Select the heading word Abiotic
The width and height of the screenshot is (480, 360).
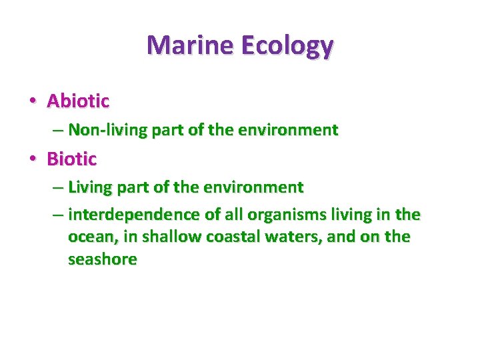pyautogui.click(x=78, y=101)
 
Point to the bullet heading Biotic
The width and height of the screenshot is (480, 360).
pyautogui.click(x=72, y=159)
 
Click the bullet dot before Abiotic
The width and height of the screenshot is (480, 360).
pyautogui.click(x=32, y=102)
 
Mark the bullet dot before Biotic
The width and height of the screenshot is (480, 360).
pyautogui.click(x=32, y=160)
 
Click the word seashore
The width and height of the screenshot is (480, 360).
pyautogui.click(x=102, y=259)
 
